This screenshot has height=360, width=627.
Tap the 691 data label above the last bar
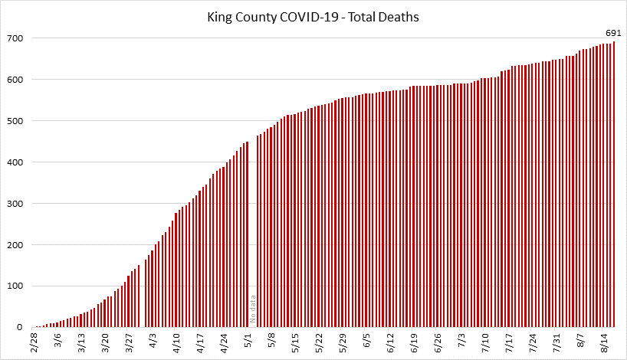(x=612, y=32)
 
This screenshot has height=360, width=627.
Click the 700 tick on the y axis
(x=15, y=38)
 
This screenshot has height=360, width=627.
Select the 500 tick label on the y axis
(x=15, y=121)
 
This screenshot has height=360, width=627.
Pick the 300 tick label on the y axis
(x=15, y=204)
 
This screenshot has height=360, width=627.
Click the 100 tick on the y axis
(x=15, y=286)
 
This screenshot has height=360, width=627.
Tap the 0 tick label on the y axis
(x=21, y=328)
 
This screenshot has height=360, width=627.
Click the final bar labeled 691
(x=614, y=184)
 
